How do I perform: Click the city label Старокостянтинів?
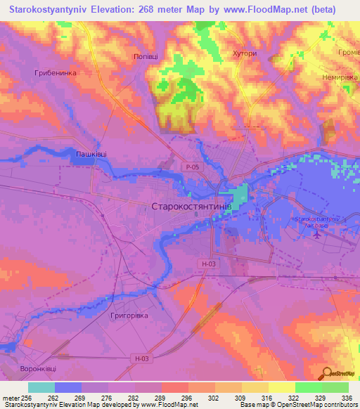point(191,207)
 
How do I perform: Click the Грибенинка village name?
point(54,72)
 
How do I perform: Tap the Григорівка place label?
point(129,316)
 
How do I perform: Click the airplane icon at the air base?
point(316,234)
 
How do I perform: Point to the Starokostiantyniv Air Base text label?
point(316,221)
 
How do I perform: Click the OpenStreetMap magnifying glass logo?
point(325,372)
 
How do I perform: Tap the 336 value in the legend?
point(347,397)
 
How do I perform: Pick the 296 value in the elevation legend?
point(186,397)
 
